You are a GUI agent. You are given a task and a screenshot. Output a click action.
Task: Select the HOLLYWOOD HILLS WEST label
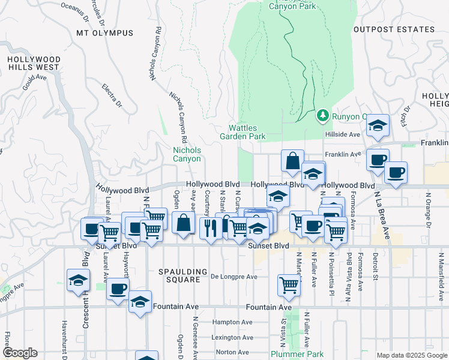(34, 63)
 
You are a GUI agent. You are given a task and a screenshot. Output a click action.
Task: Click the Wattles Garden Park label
(247, 132)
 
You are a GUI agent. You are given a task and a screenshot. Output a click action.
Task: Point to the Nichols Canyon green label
(187, 154)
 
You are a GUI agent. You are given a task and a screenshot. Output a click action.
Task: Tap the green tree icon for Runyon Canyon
(323, 115)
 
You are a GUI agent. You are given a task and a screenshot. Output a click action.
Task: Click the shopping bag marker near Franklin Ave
(292, 161)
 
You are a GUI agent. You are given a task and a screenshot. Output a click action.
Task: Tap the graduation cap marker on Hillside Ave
(378, 126)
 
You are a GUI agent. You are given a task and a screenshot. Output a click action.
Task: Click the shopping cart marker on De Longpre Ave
(289, 286)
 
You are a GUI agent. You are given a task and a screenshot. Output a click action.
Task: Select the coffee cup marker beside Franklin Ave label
(378, 160)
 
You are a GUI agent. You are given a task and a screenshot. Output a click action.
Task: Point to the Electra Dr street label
(112, 96)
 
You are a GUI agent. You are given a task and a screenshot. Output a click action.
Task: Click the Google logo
(21, 353)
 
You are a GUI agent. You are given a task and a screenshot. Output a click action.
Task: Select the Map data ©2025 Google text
(411, 355)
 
